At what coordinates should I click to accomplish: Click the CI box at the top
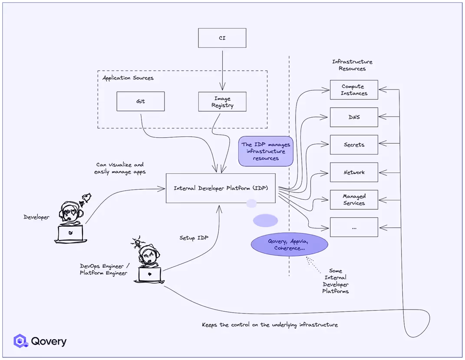[x=222, y=38]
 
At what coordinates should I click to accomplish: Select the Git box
[x=140, y=101]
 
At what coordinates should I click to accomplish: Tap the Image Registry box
[x=222, y=102]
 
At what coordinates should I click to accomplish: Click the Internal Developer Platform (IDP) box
[x=221, y=188]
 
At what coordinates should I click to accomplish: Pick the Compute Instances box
[x=354, y=90]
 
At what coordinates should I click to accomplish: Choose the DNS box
[x=354, y=117]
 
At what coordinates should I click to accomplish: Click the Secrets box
[x=354, y=145]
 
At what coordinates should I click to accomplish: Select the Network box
[x=354, y=172]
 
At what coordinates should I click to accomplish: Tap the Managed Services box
[x=354, y=200]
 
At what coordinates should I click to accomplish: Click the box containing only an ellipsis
[x=354, y=228]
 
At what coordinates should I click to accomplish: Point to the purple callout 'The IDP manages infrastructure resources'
[x=266, y=152]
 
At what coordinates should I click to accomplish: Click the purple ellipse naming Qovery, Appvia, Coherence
[x=289, y=244]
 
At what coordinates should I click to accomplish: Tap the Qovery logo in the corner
[x=40, y=341]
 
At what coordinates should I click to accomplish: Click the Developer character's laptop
[x=70, y=234]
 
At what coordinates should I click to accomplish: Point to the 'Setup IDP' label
[x=194, y=238]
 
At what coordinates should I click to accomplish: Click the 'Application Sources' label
[x=128, y=78]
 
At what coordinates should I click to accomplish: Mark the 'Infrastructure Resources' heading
[x=352, y=65]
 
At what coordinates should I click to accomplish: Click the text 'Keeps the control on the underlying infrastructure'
[x=270, y=325]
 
